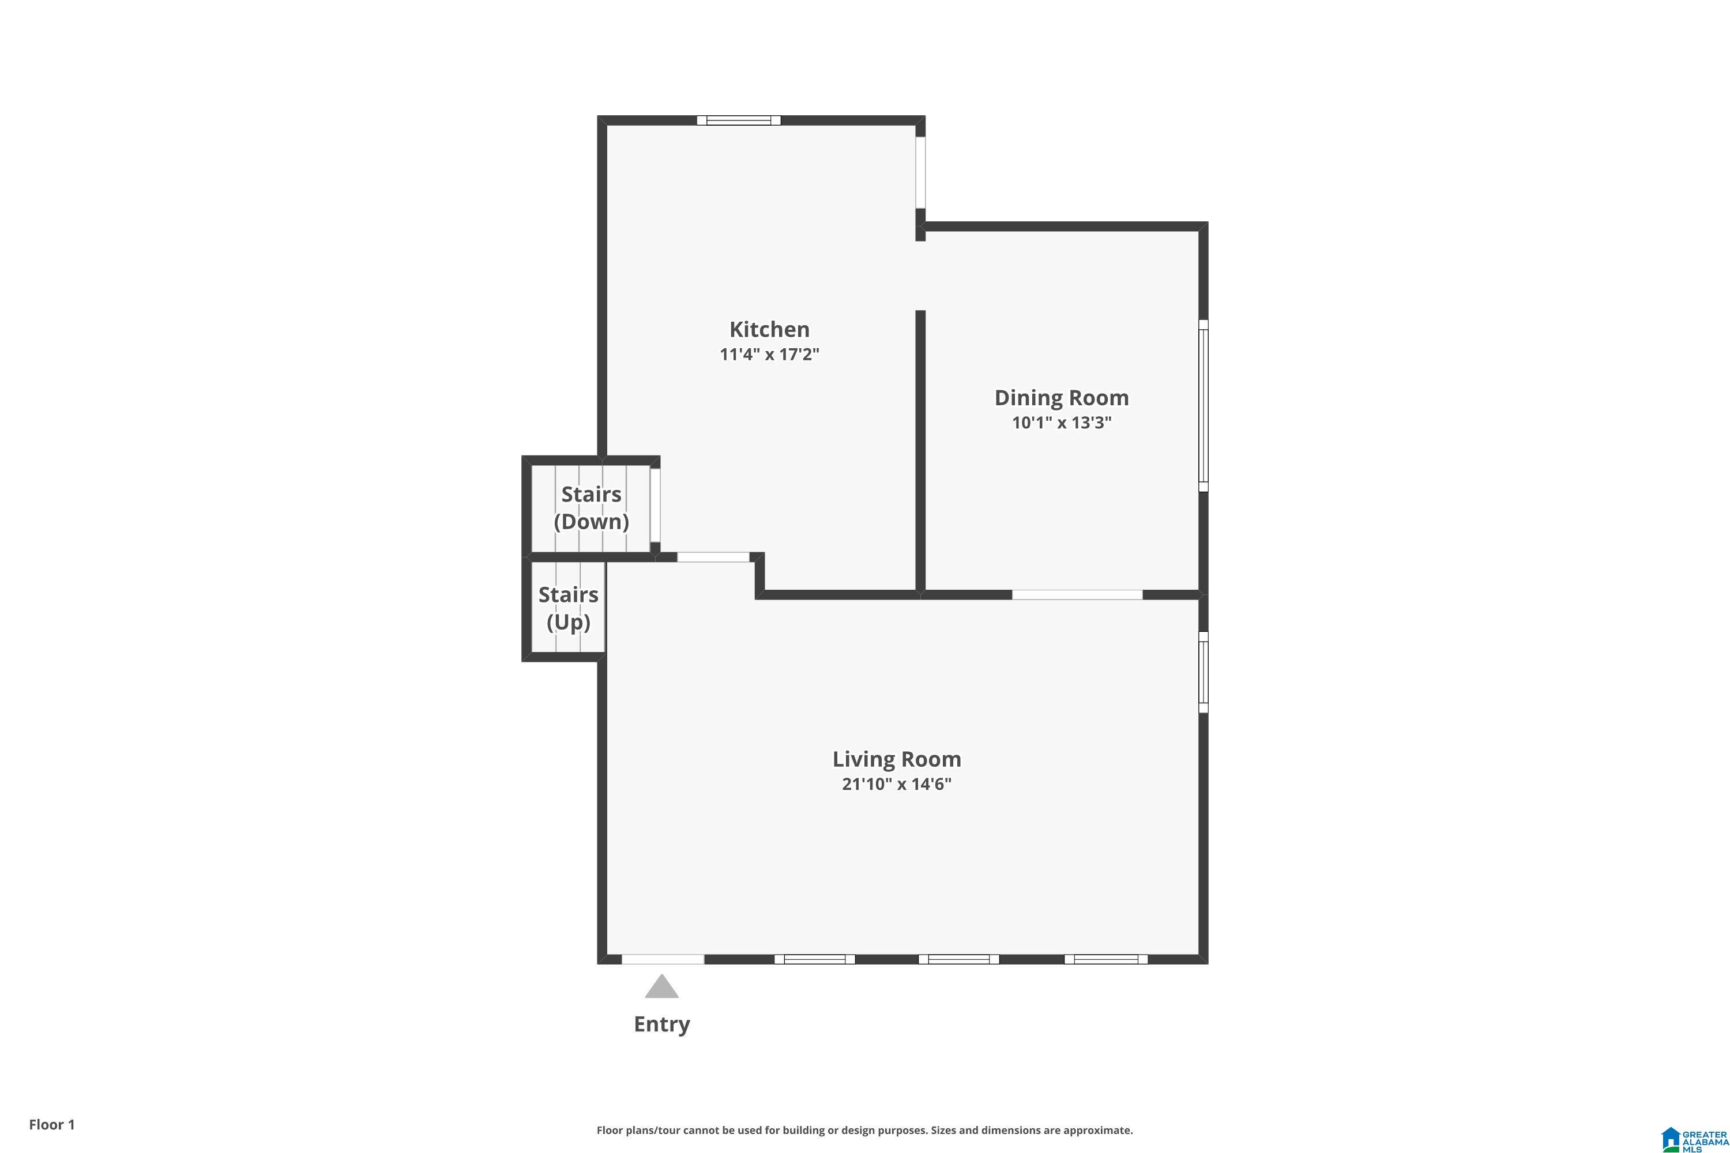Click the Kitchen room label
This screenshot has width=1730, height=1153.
[769, 329]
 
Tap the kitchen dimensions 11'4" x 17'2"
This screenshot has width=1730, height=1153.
[769, 355]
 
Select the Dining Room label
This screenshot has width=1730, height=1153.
[1062, 398]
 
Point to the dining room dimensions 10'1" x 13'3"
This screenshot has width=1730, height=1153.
[1062, 423]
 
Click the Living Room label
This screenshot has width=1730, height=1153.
[897, 759]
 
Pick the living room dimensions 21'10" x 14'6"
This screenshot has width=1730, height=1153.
[897, 784]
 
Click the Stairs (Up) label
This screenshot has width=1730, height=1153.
[569, 608]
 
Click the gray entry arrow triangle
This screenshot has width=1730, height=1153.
[662, 988]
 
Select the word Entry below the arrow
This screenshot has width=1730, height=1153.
[662, 1024]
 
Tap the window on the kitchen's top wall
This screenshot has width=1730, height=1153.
[739, 120]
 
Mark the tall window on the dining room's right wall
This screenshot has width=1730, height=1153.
[1204, 405]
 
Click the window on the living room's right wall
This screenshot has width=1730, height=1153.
[1204, 672]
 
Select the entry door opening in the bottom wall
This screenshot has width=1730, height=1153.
[663, 959]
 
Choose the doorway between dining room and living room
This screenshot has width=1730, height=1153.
[1077, 594]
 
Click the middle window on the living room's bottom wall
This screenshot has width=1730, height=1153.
[958, 959]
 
